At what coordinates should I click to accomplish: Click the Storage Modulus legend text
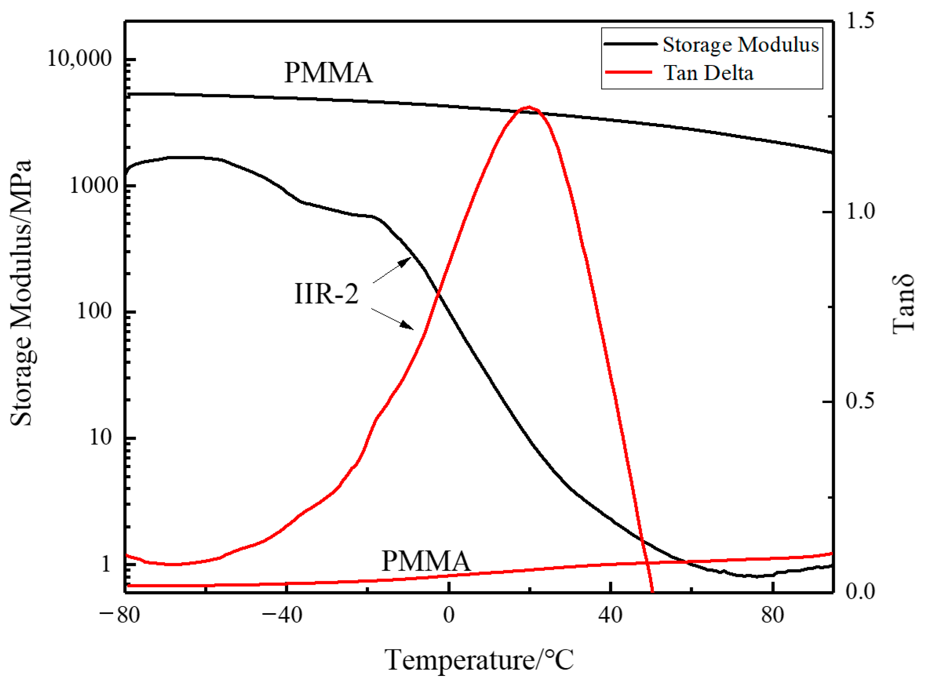click(x=740, y=45)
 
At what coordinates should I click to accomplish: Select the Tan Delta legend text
click(x=709, y=73)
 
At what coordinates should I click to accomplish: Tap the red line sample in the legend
click(x=629, y=72)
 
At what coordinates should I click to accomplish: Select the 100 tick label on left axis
click(x=94, y=311)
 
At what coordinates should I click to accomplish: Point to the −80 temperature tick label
click(x=120, y=615)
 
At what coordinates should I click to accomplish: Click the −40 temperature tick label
click(x=282, y=615)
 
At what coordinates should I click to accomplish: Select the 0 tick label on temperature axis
click(x=449, y=615)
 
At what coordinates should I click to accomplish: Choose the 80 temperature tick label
click(x=773, y=615)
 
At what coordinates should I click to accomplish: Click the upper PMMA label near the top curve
click(x=328, y=73)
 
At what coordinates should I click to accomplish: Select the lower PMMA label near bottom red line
click(x=426, y=561)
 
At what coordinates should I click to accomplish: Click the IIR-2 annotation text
click(x=326, y=294)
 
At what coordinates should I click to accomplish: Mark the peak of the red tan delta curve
click(x=529, y=107)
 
